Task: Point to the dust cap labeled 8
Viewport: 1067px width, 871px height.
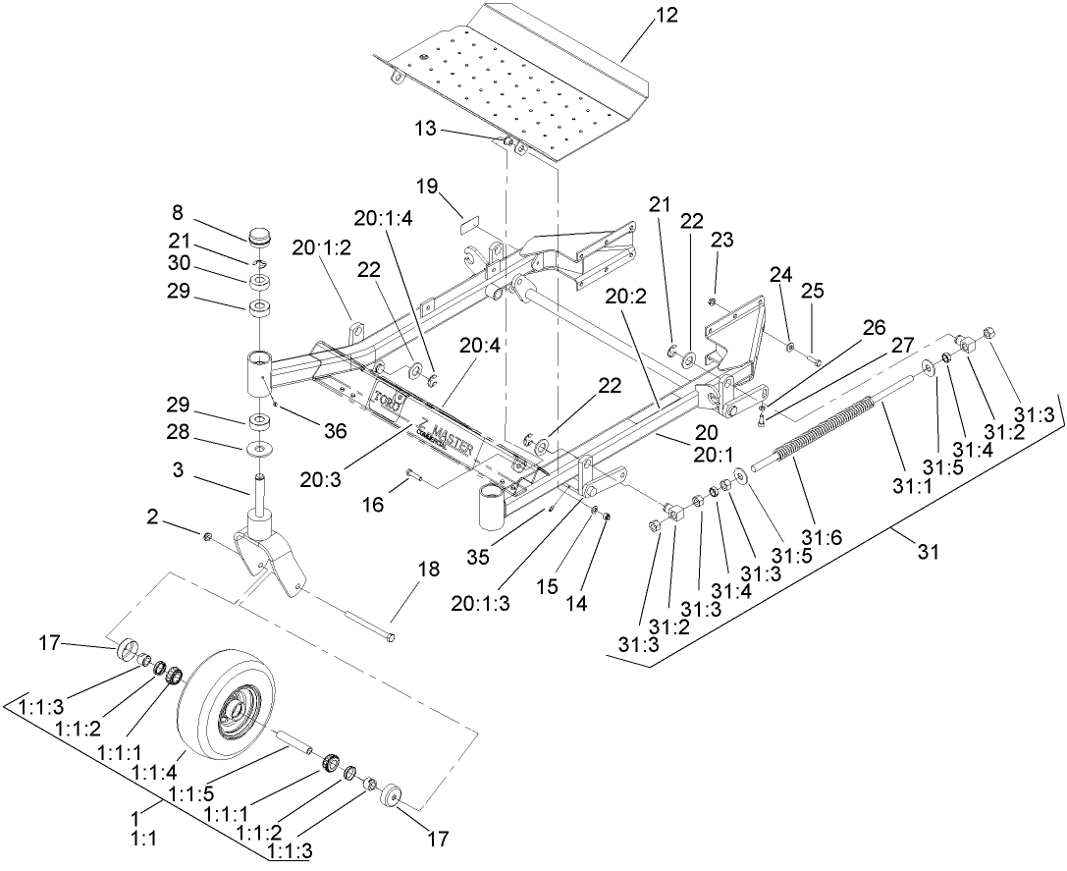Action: [x=261, y=239]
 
